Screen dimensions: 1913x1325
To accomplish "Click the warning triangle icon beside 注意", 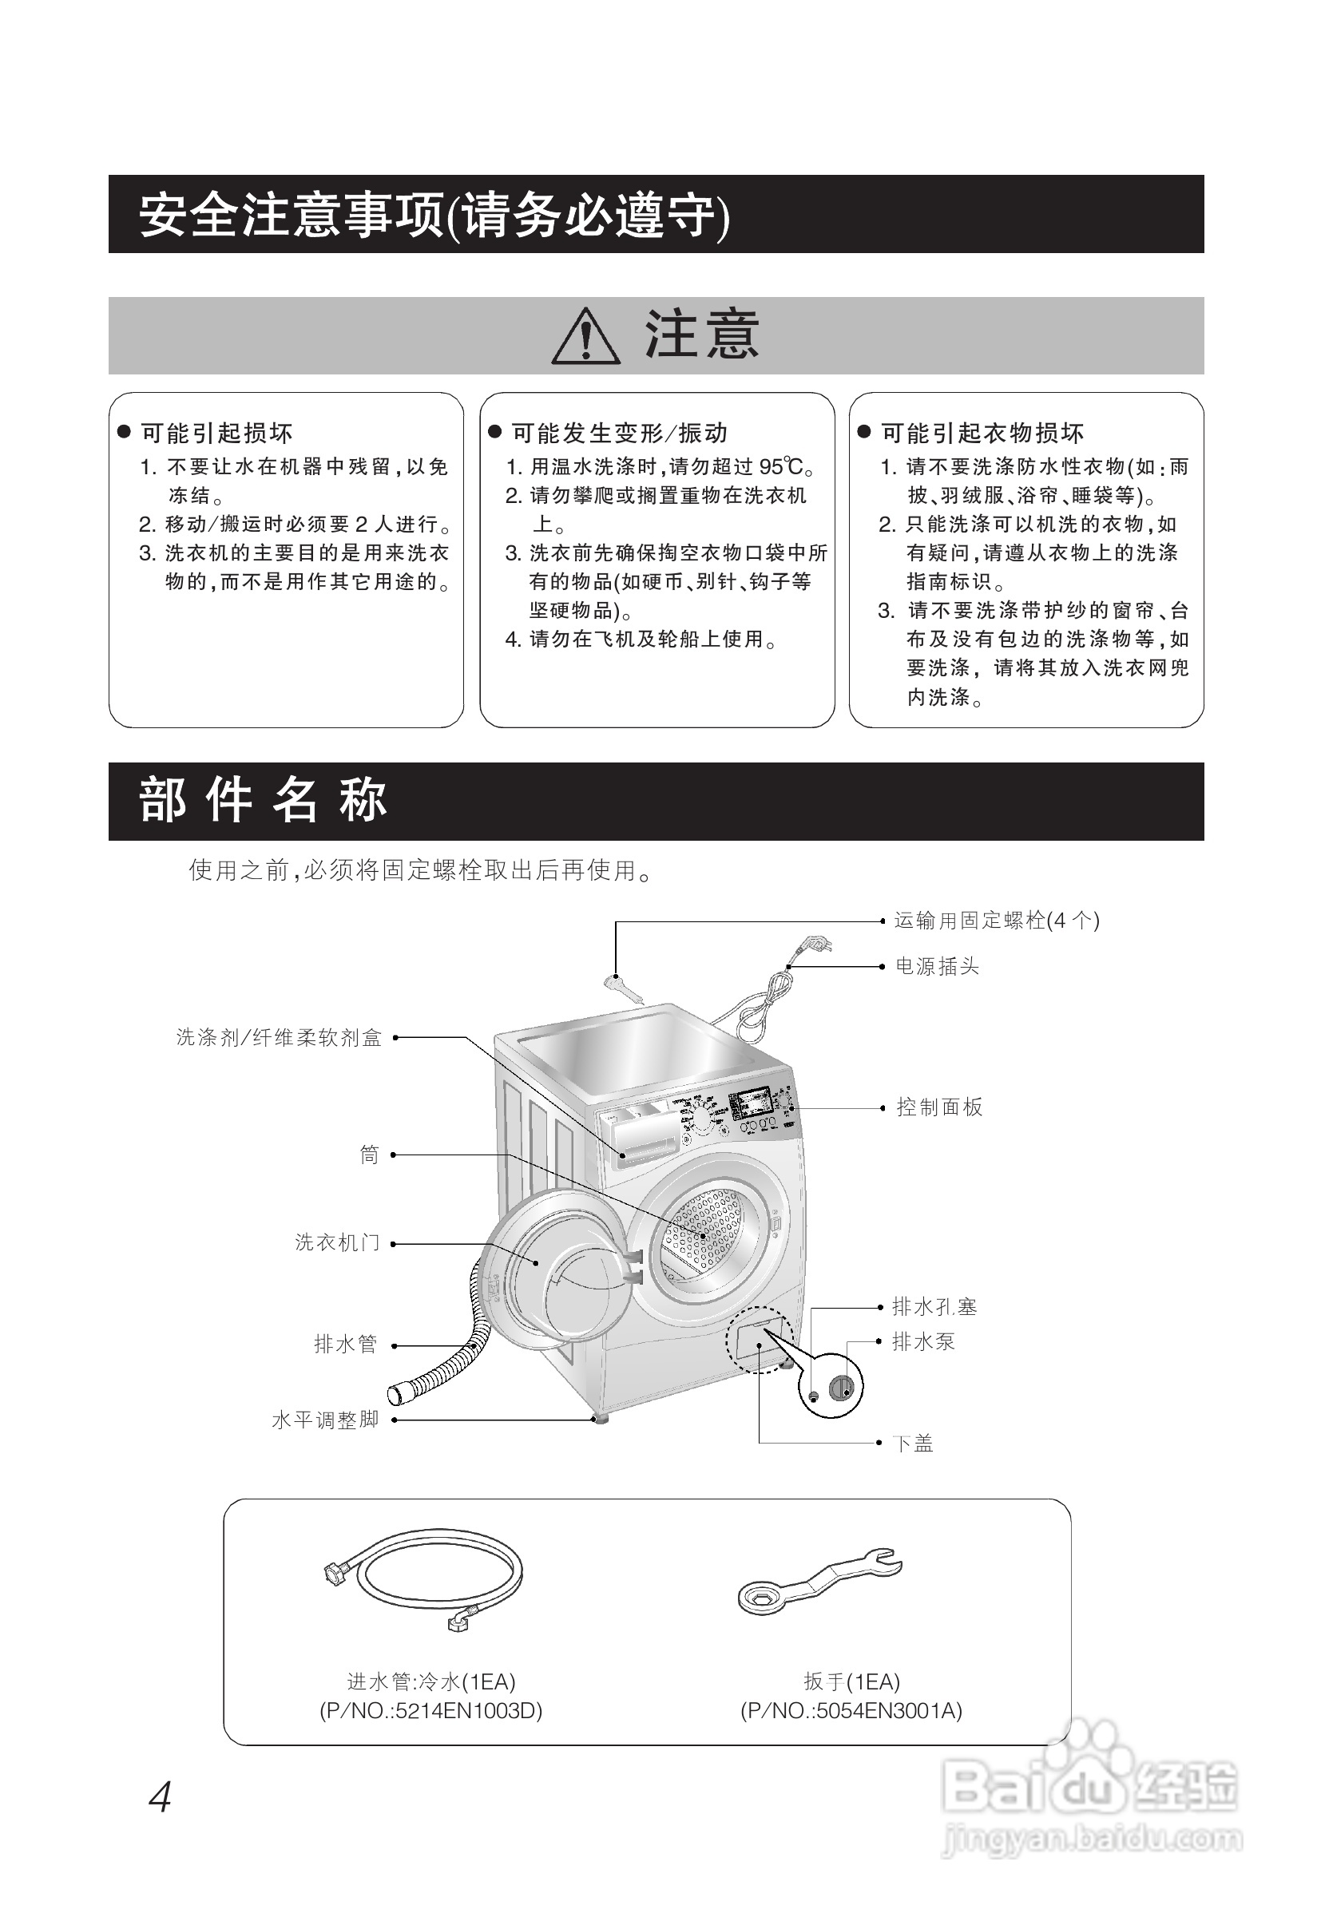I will [585, 337].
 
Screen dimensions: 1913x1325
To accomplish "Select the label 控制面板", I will [939, 1107].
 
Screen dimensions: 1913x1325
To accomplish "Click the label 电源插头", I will [938, 966].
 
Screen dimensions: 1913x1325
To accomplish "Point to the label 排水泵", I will [923, 1341].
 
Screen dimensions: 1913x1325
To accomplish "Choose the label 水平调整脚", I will [325, 1420].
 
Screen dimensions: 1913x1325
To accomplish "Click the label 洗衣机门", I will [337, 1242].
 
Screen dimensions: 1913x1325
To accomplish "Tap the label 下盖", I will [913, 1444].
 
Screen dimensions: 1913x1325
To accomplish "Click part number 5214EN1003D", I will [468, 1710].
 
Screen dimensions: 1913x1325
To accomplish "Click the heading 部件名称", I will [264, 801].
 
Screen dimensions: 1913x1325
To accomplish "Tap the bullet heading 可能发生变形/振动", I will [618, 434].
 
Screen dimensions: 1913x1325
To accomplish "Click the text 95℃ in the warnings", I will [780, 467].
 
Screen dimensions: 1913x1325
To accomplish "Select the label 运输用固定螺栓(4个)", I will [996, 921].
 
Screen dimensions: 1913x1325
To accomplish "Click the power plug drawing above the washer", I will [815, 946].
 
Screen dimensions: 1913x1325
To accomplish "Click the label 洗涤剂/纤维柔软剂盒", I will [279, 1037].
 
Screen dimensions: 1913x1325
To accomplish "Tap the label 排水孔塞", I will [934, 1307].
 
